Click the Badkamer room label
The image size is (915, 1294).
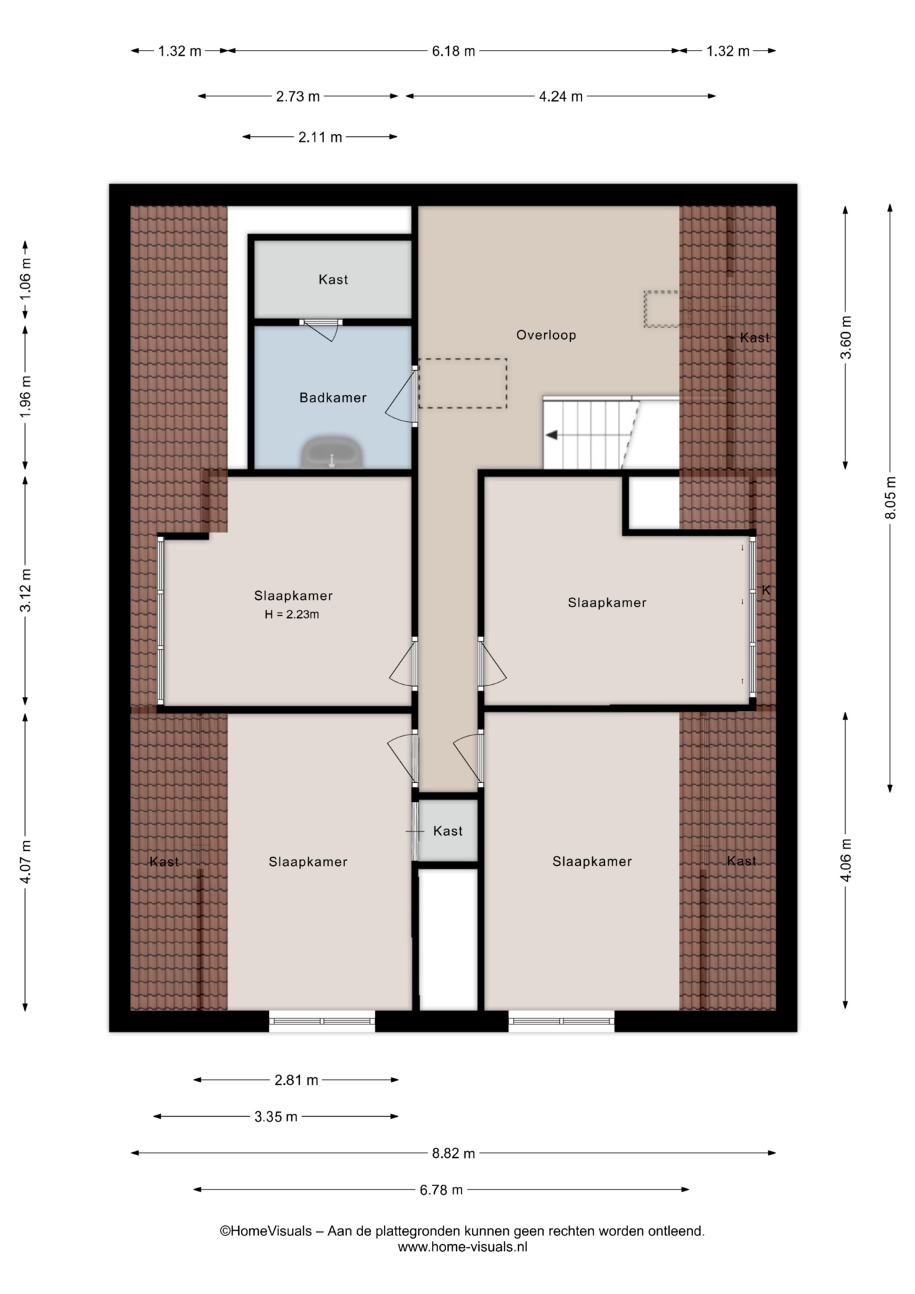pos(333,398)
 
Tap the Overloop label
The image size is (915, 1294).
pos(546,335)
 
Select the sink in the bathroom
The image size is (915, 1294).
pos(332,452)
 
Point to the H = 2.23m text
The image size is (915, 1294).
pos(292,615)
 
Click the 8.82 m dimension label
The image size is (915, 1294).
pos(453,1153)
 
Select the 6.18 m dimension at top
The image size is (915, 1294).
pos(453,51)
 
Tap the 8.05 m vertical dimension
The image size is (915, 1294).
pos(890,498)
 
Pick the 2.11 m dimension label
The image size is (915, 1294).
pos(320,137)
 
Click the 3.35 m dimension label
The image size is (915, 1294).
pos(276,1117)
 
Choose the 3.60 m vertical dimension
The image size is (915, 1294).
pos(846,337)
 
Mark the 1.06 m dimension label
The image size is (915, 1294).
pos(25,279)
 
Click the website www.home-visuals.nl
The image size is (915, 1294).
pos(462,1247)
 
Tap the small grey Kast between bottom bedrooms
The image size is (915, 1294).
pos(448,831)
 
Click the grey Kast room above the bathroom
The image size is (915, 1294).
pos(333,278)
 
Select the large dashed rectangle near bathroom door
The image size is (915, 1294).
pos(462,383)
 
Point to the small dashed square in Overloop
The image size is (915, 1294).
pos(662,309)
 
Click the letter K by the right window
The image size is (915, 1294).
pos(766,590)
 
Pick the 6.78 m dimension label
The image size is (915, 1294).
pos(441,1190)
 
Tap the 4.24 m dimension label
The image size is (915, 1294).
pos(561,96)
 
